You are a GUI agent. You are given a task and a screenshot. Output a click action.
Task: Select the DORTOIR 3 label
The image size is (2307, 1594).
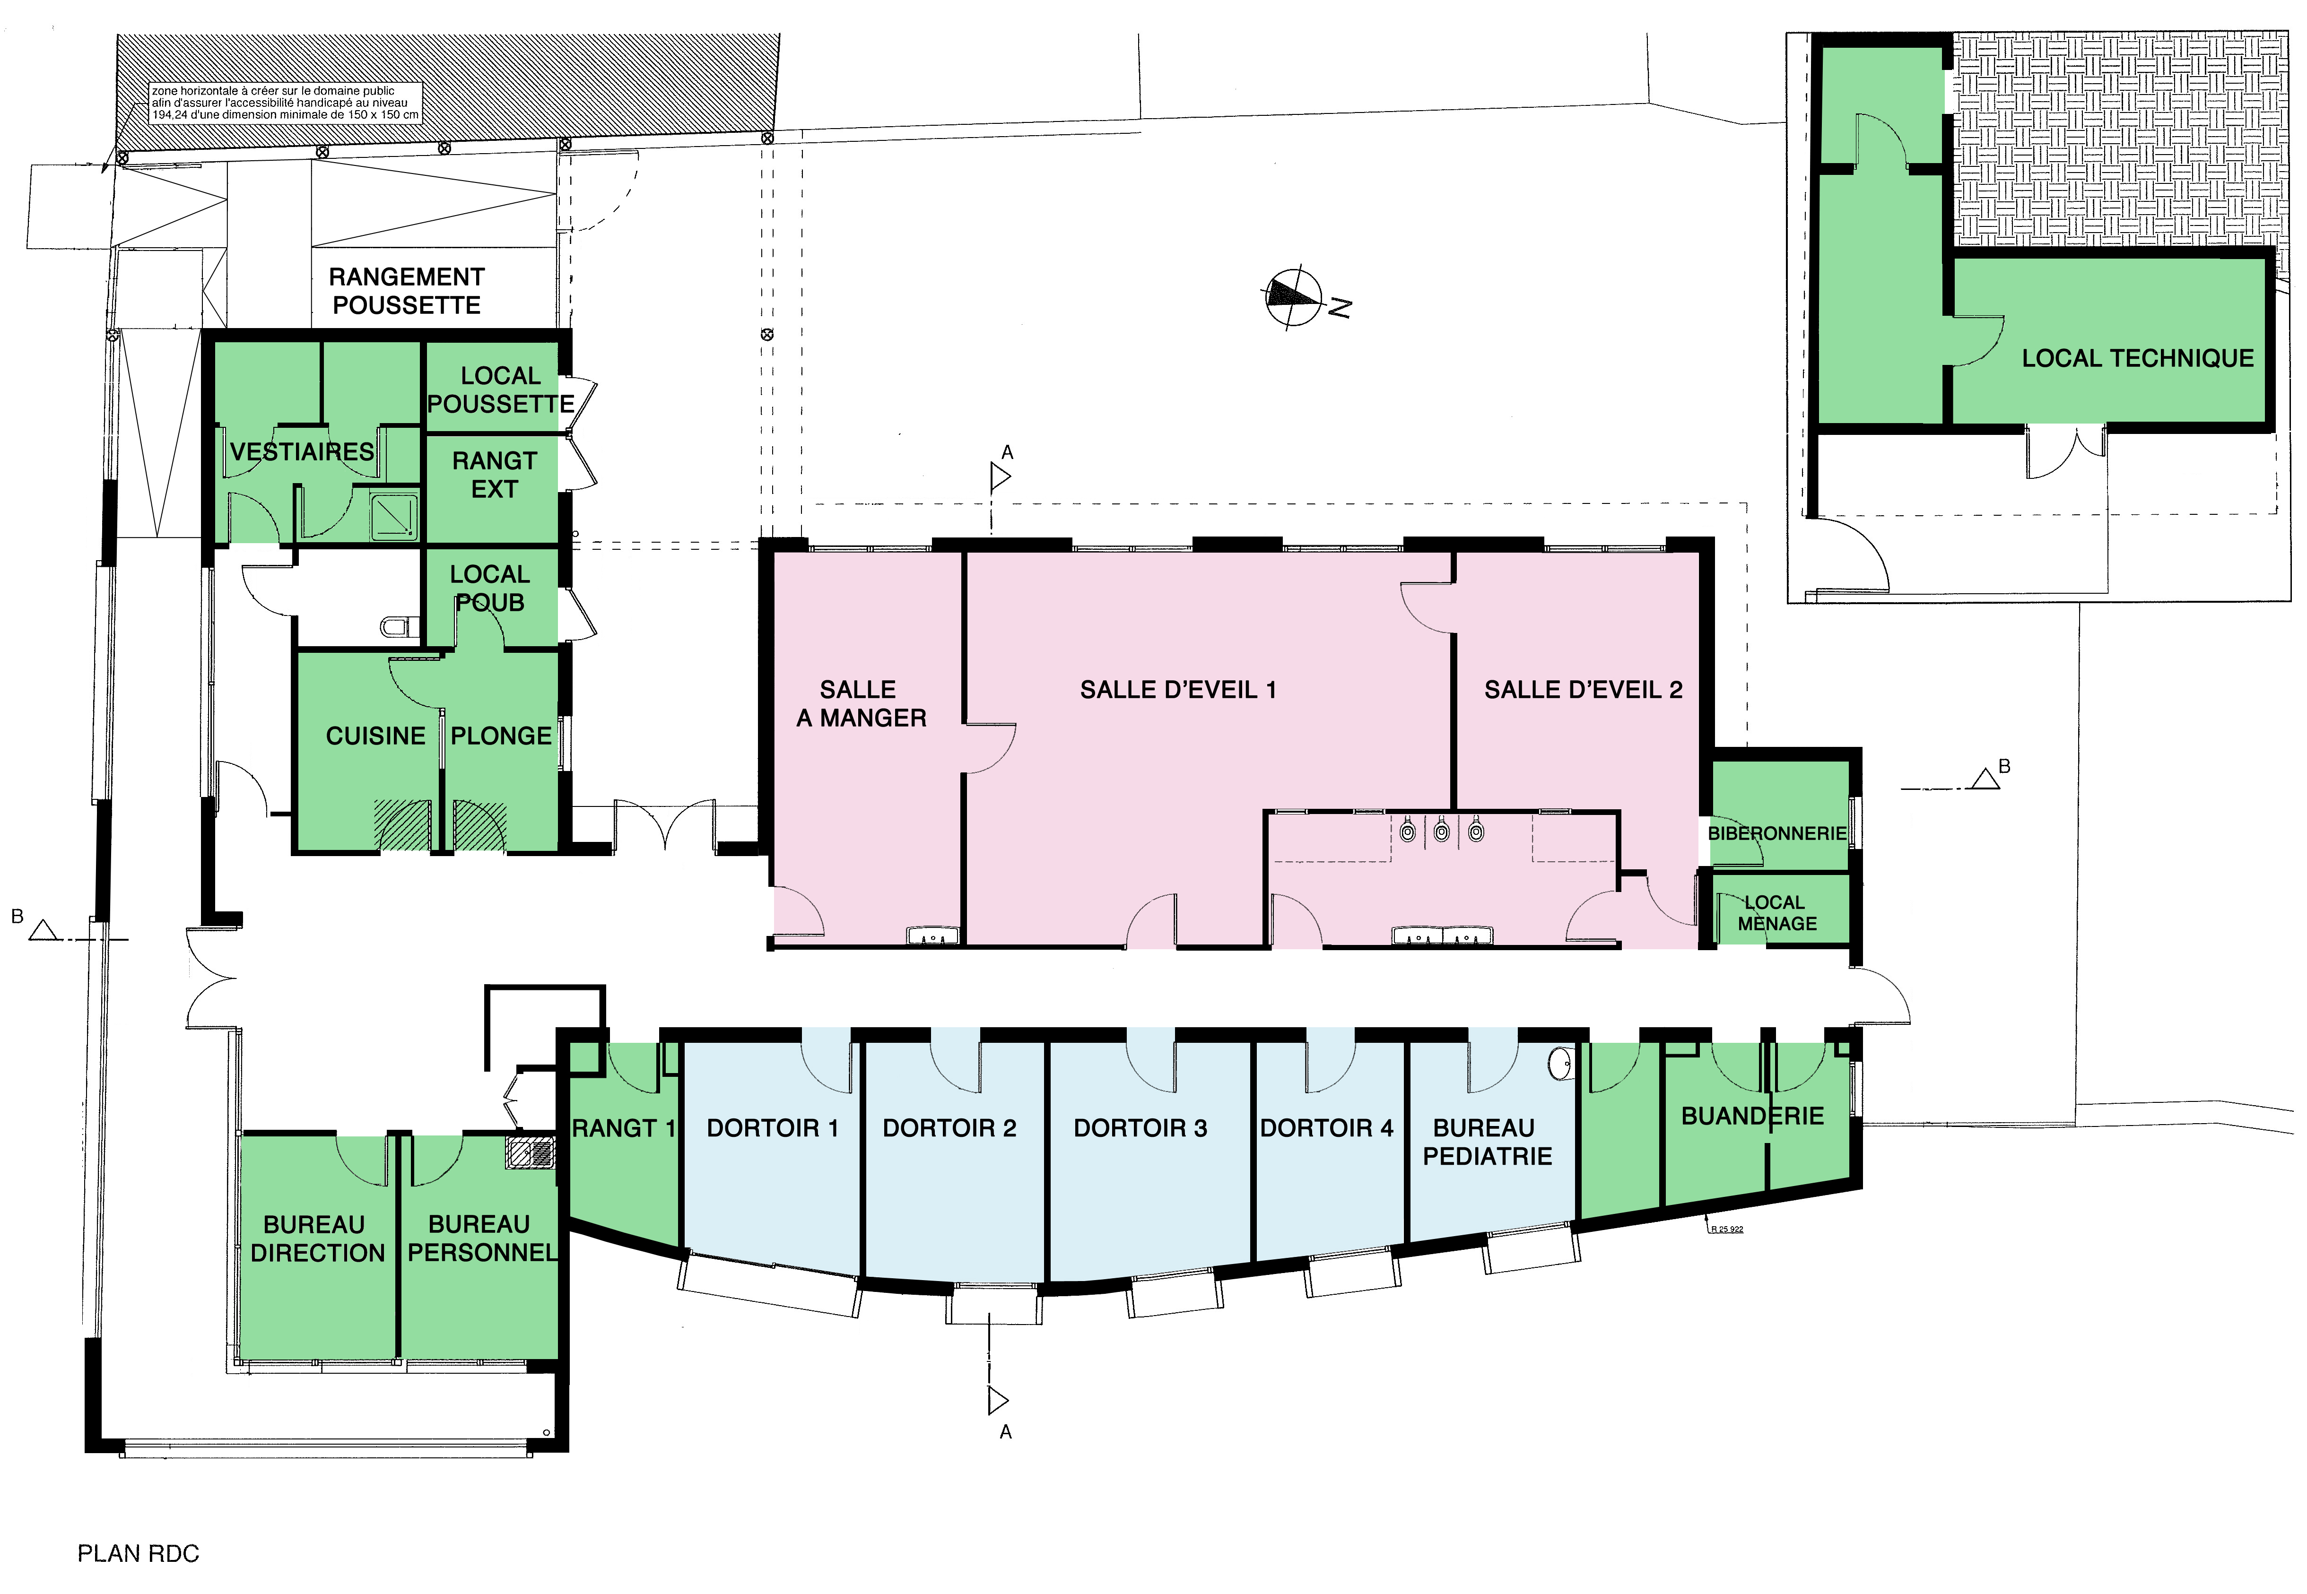[1140, 1128]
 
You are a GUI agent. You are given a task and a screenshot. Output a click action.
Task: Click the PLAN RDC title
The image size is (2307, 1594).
[139, 1554]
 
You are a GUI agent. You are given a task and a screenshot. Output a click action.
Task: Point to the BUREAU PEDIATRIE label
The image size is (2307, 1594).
[1487, 1143]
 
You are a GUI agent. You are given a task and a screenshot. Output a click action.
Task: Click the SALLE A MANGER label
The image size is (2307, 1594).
[861, 704]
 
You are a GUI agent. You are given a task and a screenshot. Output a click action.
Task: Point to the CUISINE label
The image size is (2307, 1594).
[375, 736]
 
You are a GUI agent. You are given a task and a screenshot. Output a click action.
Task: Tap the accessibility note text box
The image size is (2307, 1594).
[286, 103]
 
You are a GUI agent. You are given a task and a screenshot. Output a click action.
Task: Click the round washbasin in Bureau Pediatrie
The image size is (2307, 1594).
[1560, 1065]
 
